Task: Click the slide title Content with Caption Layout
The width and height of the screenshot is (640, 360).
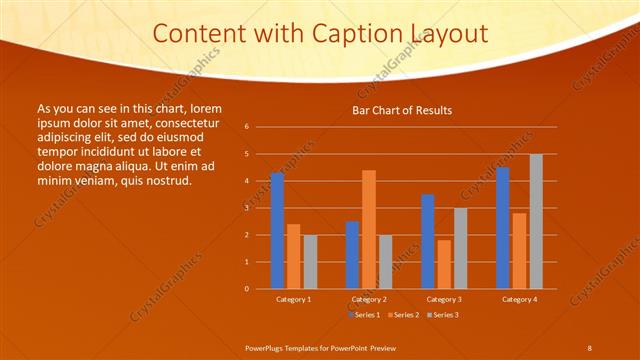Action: click(320, 33)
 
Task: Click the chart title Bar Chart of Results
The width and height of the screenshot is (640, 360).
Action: click(401, 110)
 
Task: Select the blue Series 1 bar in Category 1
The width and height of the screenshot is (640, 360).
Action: click(277, 231)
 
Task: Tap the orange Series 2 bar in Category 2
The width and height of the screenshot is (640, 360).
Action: click(369, 229)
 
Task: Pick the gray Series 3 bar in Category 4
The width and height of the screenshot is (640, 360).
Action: click(536, 221)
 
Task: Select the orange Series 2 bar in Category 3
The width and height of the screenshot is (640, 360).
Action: click(444, 264)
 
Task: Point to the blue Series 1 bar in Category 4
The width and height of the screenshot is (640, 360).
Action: click(503, 228)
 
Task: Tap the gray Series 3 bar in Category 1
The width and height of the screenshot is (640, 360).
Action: click(310, 261)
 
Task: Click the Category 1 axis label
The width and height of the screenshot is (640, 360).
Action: click(293, 299)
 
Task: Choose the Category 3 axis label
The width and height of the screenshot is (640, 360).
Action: click(443, 299)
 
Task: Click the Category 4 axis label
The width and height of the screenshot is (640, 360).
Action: click(519, 299)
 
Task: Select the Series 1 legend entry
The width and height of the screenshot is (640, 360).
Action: click(364, 315)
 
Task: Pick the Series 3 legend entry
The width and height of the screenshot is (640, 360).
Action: click(442, 315)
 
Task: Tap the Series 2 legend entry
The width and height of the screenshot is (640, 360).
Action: click(403, 315)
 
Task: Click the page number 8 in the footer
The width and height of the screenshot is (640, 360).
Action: click(589, 347)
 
